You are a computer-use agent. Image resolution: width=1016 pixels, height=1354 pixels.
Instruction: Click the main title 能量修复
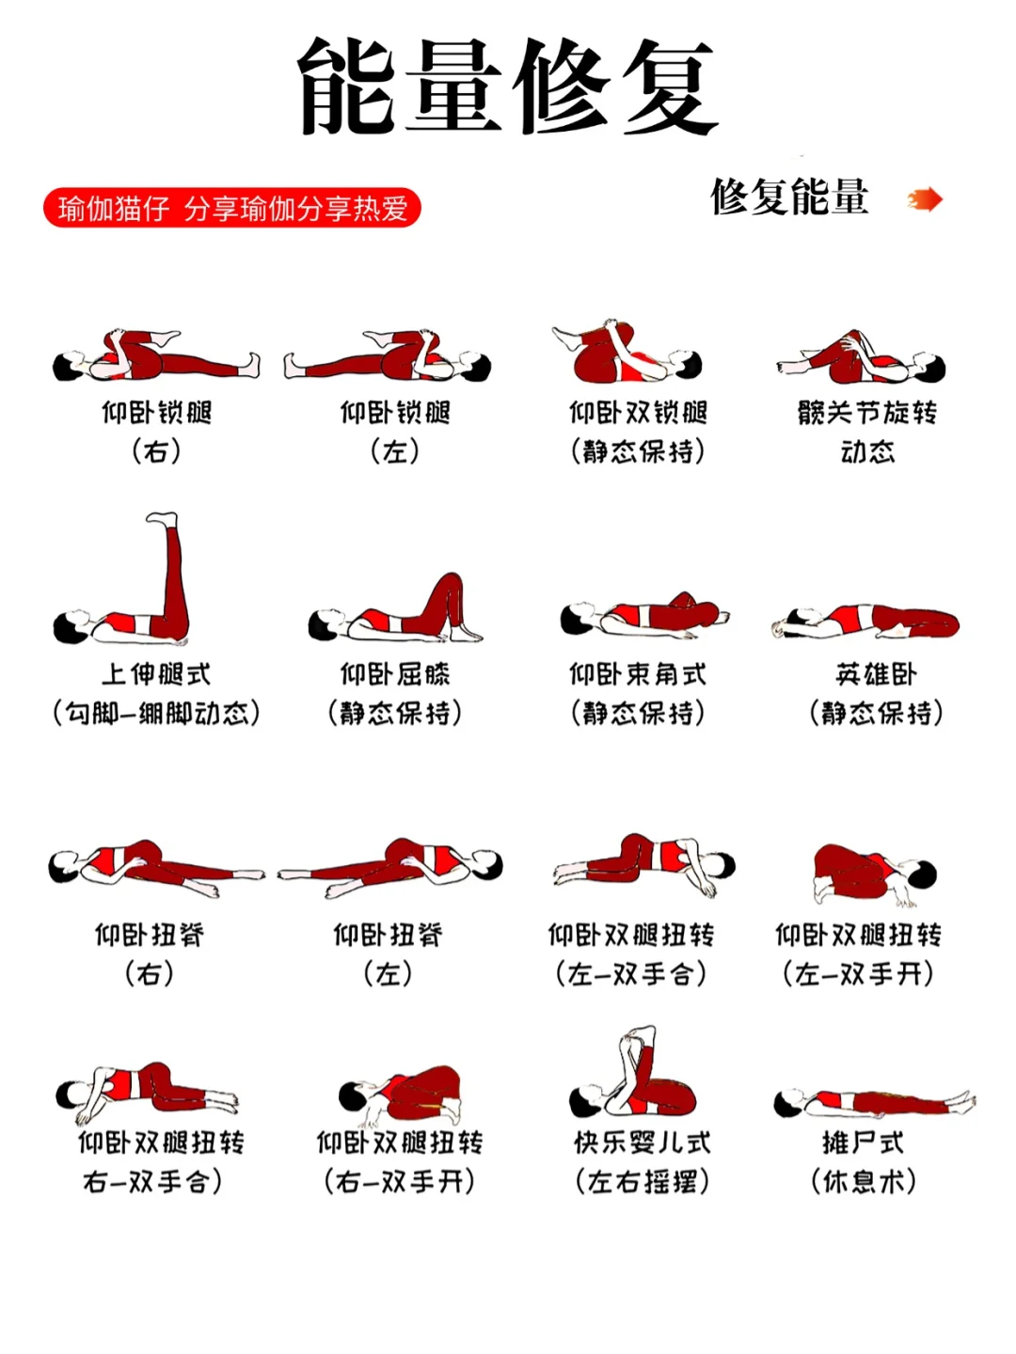[x=508, y=87]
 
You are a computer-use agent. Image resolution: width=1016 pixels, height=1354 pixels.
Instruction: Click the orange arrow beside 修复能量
[x=925, y=199]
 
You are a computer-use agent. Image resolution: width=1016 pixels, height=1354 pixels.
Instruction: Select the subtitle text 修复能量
[x=789, y=197]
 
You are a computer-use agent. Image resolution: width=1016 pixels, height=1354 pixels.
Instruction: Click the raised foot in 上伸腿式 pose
[x=163, y=519]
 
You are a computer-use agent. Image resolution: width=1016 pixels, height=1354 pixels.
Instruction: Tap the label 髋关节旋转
[x=866, y=413]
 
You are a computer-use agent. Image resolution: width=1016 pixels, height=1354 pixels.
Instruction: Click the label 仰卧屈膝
[x=395, y=674]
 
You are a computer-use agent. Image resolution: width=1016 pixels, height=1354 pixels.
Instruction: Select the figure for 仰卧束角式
[x=644, y=615]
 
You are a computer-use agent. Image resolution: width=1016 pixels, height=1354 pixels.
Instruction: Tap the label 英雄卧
[x=875, y=674]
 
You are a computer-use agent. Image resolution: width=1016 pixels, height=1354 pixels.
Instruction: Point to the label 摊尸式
[x=863, y=1142]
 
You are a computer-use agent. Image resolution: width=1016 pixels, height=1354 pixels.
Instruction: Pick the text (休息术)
[x=863, y=1181]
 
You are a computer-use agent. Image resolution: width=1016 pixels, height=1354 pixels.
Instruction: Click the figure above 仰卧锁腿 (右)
[x=155, y=356]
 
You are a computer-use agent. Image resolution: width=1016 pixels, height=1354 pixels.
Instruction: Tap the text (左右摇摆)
[x=642, y=1181]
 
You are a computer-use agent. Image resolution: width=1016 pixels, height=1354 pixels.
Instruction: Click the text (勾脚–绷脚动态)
[x=156, y=713]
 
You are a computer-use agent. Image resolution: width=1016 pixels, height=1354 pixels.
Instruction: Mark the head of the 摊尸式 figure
[x=786, y=1104]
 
